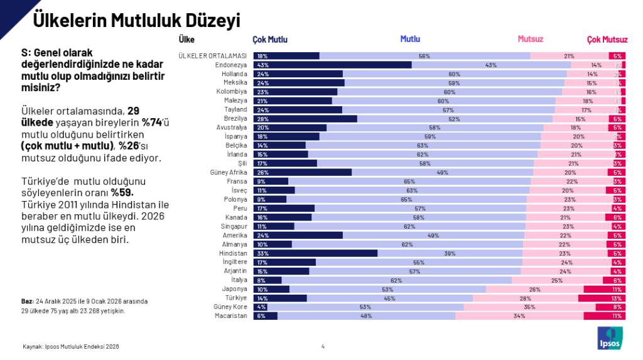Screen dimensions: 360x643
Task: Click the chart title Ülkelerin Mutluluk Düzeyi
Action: coord(136,20)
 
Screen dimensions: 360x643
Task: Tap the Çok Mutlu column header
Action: coord(270,40)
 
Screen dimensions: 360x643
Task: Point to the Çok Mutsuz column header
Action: coord(607,40)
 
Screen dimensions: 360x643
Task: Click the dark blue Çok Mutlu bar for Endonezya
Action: coord(332,65)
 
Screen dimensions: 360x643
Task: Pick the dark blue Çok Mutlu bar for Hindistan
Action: coord(315,253)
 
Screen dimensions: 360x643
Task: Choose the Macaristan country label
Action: coord(232,316)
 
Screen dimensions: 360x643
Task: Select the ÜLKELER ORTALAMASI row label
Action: coord(213,56)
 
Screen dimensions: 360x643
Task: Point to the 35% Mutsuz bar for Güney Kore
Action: coord(529,307)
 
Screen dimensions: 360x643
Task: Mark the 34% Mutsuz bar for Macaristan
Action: coord(519,316)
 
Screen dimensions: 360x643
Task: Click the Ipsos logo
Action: coord(610,338)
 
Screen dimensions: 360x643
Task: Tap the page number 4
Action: coord(323,346)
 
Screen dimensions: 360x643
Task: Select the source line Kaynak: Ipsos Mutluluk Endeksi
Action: coord(70,346)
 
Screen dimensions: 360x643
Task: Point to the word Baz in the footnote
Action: coord(27,302)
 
